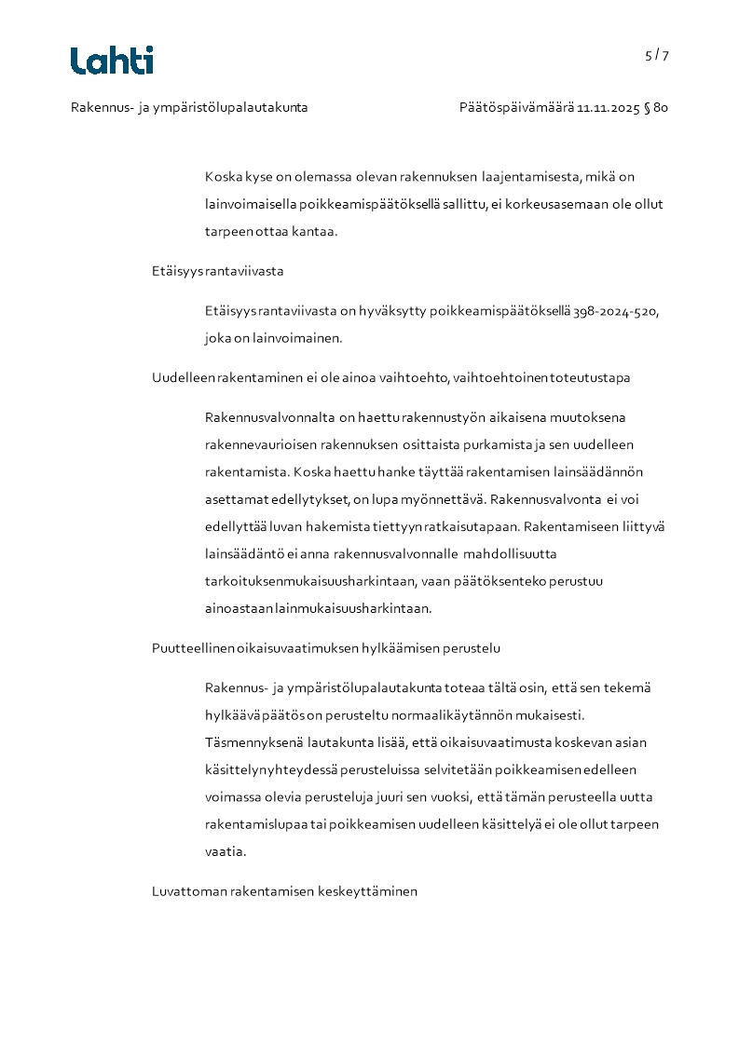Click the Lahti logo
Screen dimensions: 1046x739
112,61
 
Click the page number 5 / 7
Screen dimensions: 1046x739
656,55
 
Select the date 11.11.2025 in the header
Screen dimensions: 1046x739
608,108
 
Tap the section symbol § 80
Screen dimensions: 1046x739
656,108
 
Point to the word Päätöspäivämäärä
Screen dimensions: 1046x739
516,108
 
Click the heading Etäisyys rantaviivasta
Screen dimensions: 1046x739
217,271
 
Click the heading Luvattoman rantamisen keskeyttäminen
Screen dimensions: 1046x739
284,891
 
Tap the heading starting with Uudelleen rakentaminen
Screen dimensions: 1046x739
390,377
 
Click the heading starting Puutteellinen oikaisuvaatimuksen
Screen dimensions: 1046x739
326,647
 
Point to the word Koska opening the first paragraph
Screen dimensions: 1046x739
224,176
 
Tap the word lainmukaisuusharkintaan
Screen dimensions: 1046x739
352,609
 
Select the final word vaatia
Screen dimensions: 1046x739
225,851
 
